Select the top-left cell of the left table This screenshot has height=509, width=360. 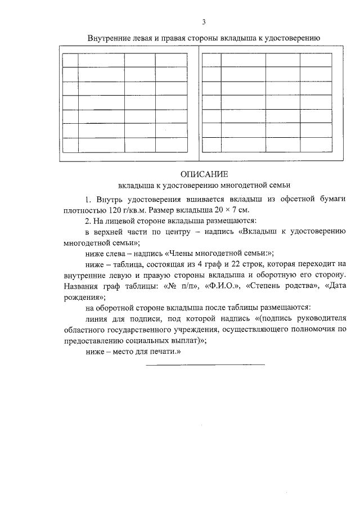click(70, 60)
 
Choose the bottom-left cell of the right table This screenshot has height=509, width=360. click(209, 145)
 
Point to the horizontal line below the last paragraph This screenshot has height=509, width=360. click(205, 364)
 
